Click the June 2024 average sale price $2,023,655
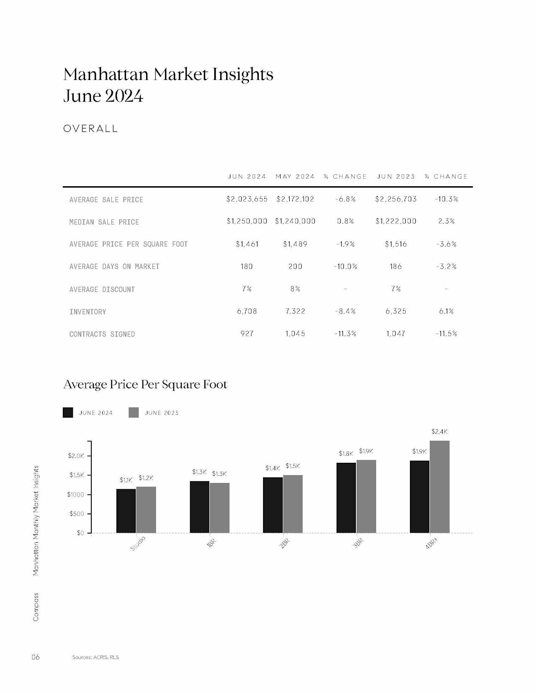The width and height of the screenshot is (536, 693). click(247, 199)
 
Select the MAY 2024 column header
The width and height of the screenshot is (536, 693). click(295, 176)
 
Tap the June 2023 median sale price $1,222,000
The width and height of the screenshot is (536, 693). click(396, 221)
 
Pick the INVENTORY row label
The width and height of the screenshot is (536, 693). click(88, 312)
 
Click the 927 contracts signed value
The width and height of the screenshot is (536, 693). click(247, 334)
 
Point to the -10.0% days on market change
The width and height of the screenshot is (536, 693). click(345, 266)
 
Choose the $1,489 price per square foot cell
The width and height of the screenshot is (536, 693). click(295, 244)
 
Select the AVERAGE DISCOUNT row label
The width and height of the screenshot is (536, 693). click(102, 289)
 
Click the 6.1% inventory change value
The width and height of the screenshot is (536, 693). click(446, 311)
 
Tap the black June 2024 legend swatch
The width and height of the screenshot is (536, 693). click(68, 412)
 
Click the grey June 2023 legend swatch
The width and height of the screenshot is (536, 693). click(134, 412)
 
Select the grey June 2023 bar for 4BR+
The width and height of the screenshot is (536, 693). click(440, 487)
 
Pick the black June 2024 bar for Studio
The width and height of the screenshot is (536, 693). click(126, 511)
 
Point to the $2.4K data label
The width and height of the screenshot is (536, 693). click(440, 431)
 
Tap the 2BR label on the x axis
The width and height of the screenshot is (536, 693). click(285, 544)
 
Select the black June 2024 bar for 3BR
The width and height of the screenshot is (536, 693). click(346, 498)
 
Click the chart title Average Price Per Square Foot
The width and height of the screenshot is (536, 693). click(145, 384)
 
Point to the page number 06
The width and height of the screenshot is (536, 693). click(36, 657)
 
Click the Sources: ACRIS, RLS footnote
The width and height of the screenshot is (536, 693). click(95, 657)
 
